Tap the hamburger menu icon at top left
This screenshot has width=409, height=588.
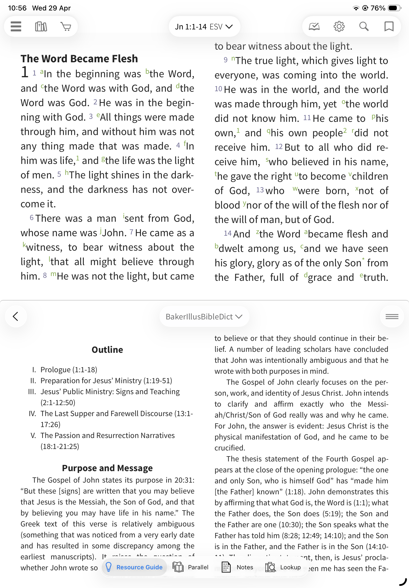pos(16,26)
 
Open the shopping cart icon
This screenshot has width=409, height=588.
pos(66,26)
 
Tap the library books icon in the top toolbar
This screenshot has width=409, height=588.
pos(41,26)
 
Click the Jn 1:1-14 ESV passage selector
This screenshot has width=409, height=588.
pos(204,27)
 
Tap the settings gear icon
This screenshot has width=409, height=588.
pos(339,26)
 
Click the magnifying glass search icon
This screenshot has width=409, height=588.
pos(364,26)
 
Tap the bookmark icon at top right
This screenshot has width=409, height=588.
pos(389,26)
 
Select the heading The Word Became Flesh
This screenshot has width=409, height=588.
pos(79,59)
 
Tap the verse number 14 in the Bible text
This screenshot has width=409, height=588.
pos(227,233)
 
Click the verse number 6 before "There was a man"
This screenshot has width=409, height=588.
pos(32,218)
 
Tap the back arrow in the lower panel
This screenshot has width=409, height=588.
pos(16,316)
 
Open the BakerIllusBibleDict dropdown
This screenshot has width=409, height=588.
pos(204,317)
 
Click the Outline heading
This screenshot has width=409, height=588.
pos(107,350)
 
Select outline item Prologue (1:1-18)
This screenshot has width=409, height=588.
pos(69,370)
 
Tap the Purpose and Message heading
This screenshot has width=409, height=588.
pos(107,468)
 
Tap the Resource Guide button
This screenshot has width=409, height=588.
pos(134,567)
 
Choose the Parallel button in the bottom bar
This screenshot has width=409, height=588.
pos(191,567)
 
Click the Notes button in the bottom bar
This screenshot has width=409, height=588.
pos(237,567)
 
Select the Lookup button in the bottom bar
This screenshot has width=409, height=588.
pos(283,567)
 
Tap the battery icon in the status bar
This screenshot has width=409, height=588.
pos(394,8)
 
